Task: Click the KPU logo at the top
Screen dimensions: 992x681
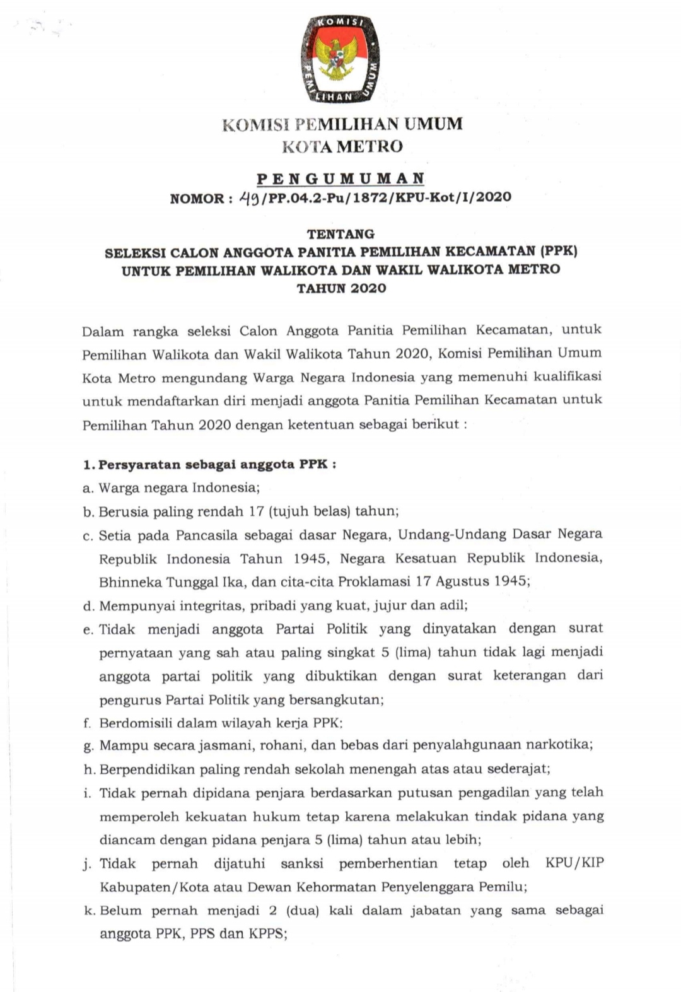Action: pyautogui.click(x=340, y=59)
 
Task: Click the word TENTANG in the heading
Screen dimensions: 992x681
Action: pyautogui.click(x=340, y=234)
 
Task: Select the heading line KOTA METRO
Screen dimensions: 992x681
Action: pyautogui.click(x=342, y=147)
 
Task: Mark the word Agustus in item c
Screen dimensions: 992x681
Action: pyautogui.click(x=463, y=581)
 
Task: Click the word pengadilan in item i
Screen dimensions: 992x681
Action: pyautogui.click(x=493, y=793)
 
